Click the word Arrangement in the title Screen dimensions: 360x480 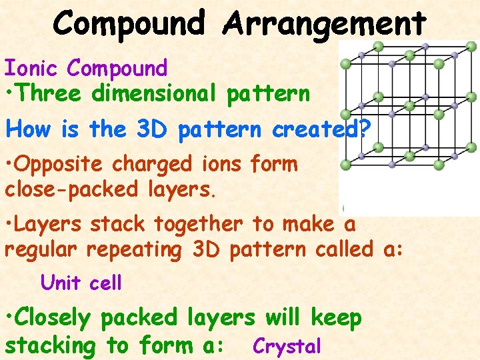(x=325, y=24)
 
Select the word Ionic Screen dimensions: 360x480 (x=33, y=68)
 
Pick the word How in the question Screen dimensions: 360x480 (x=25, y=129)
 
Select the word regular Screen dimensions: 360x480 (x=41, y=251)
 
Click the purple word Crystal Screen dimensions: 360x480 (x=287, y=347)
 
